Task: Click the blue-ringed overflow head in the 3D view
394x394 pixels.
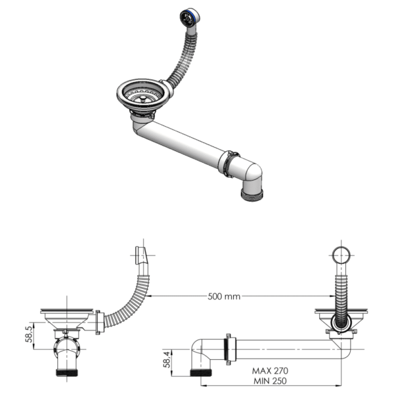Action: tap(188, 17)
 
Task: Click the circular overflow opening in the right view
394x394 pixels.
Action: tap(340, 255)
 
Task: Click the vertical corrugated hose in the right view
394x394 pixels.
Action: tap(340, 289)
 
